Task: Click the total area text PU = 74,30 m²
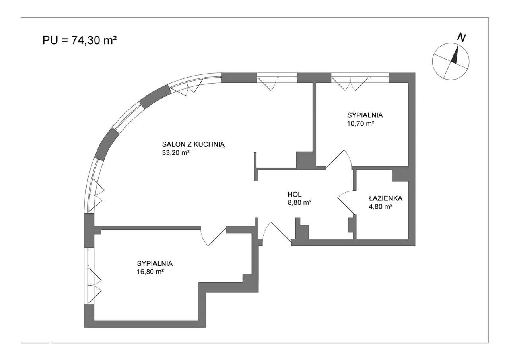(80, 41)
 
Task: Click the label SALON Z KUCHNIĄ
(193, 145)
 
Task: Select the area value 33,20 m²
(176, 153)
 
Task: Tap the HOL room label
(295, 194)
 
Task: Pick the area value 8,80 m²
(299, 202)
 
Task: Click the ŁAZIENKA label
(385, 198)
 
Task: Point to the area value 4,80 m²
(381, 206)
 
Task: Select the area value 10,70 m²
(361, 123)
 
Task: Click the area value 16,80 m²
(150, 272)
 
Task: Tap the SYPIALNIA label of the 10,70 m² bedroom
(365, 115)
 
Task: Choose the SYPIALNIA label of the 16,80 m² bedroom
(155, 263)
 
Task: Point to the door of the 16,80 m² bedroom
(213, 236)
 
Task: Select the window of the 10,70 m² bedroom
(360, 78)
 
